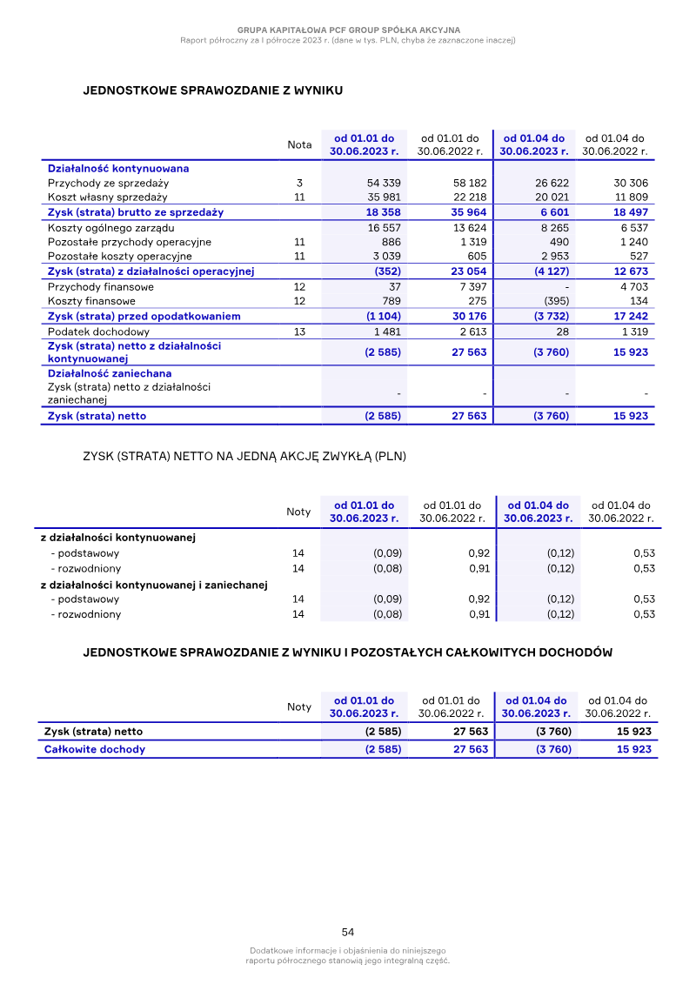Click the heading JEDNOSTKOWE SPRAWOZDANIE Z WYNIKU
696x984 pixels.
tap(212, 90)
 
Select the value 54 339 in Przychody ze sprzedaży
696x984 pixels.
tap(385, 184)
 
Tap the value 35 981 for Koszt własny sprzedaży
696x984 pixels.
tap(385, 197)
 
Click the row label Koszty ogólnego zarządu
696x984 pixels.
tap(110, 228)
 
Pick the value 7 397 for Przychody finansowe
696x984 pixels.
tap(471, 287)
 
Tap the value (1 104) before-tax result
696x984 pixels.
tap(382, 317)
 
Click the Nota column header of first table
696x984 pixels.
tap(299, 145)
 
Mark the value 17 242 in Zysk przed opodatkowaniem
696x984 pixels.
tap(630, 317)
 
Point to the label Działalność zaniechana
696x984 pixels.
tap(110, 373)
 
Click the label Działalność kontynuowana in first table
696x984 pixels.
tap(118, 168)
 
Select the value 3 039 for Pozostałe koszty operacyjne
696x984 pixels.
tap(385, 257)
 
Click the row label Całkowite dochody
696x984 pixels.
tap(95, 749)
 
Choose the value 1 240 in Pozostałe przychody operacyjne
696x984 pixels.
tap(632, 243)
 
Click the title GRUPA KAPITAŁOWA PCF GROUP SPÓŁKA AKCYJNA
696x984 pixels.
tap(348, 30)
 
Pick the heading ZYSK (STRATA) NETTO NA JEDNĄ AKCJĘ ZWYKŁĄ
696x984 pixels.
tap(244, 456)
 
